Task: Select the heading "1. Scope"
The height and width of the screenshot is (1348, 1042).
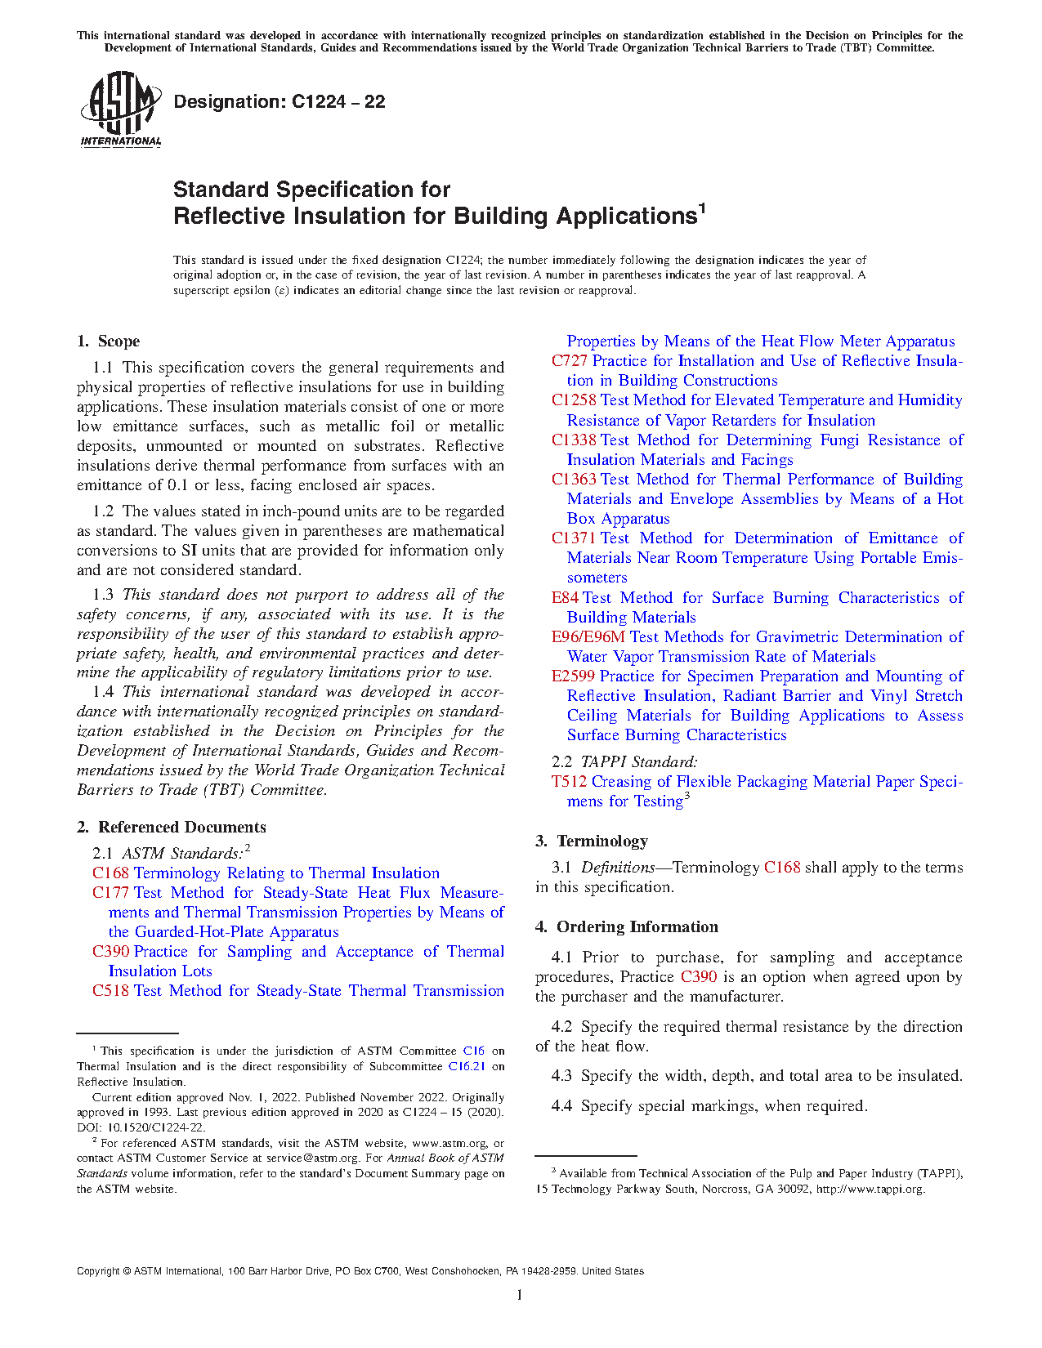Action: pos(108,341)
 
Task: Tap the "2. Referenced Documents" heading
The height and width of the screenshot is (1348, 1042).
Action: pos(171,828)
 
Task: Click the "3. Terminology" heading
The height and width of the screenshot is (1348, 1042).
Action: pos(592,841)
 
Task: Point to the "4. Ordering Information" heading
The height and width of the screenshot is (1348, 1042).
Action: pos(627,927)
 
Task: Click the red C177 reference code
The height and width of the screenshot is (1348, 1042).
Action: pos(110,893)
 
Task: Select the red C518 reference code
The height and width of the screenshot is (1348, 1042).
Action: pos(110,991)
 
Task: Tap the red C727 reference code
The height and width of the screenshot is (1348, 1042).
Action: pos(569,361)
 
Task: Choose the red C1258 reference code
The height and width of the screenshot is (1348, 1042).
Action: pos(574,400)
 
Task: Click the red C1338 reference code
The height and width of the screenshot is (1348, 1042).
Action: pos(574,440)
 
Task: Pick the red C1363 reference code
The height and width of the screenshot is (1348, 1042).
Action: pos(574,480)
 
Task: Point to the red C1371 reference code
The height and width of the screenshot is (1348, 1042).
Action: pos(574,538)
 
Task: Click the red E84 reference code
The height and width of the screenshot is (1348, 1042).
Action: pos(565,598)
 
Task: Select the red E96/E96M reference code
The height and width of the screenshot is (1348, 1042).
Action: pos(588,637)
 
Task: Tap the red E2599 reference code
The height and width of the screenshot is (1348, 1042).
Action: pos(573,676)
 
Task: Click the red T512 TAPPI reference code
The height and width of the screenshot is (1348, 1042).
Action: pos(569,782)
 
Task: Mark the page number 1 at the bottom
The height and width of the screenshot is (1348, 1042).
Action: pos(519,1295)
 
